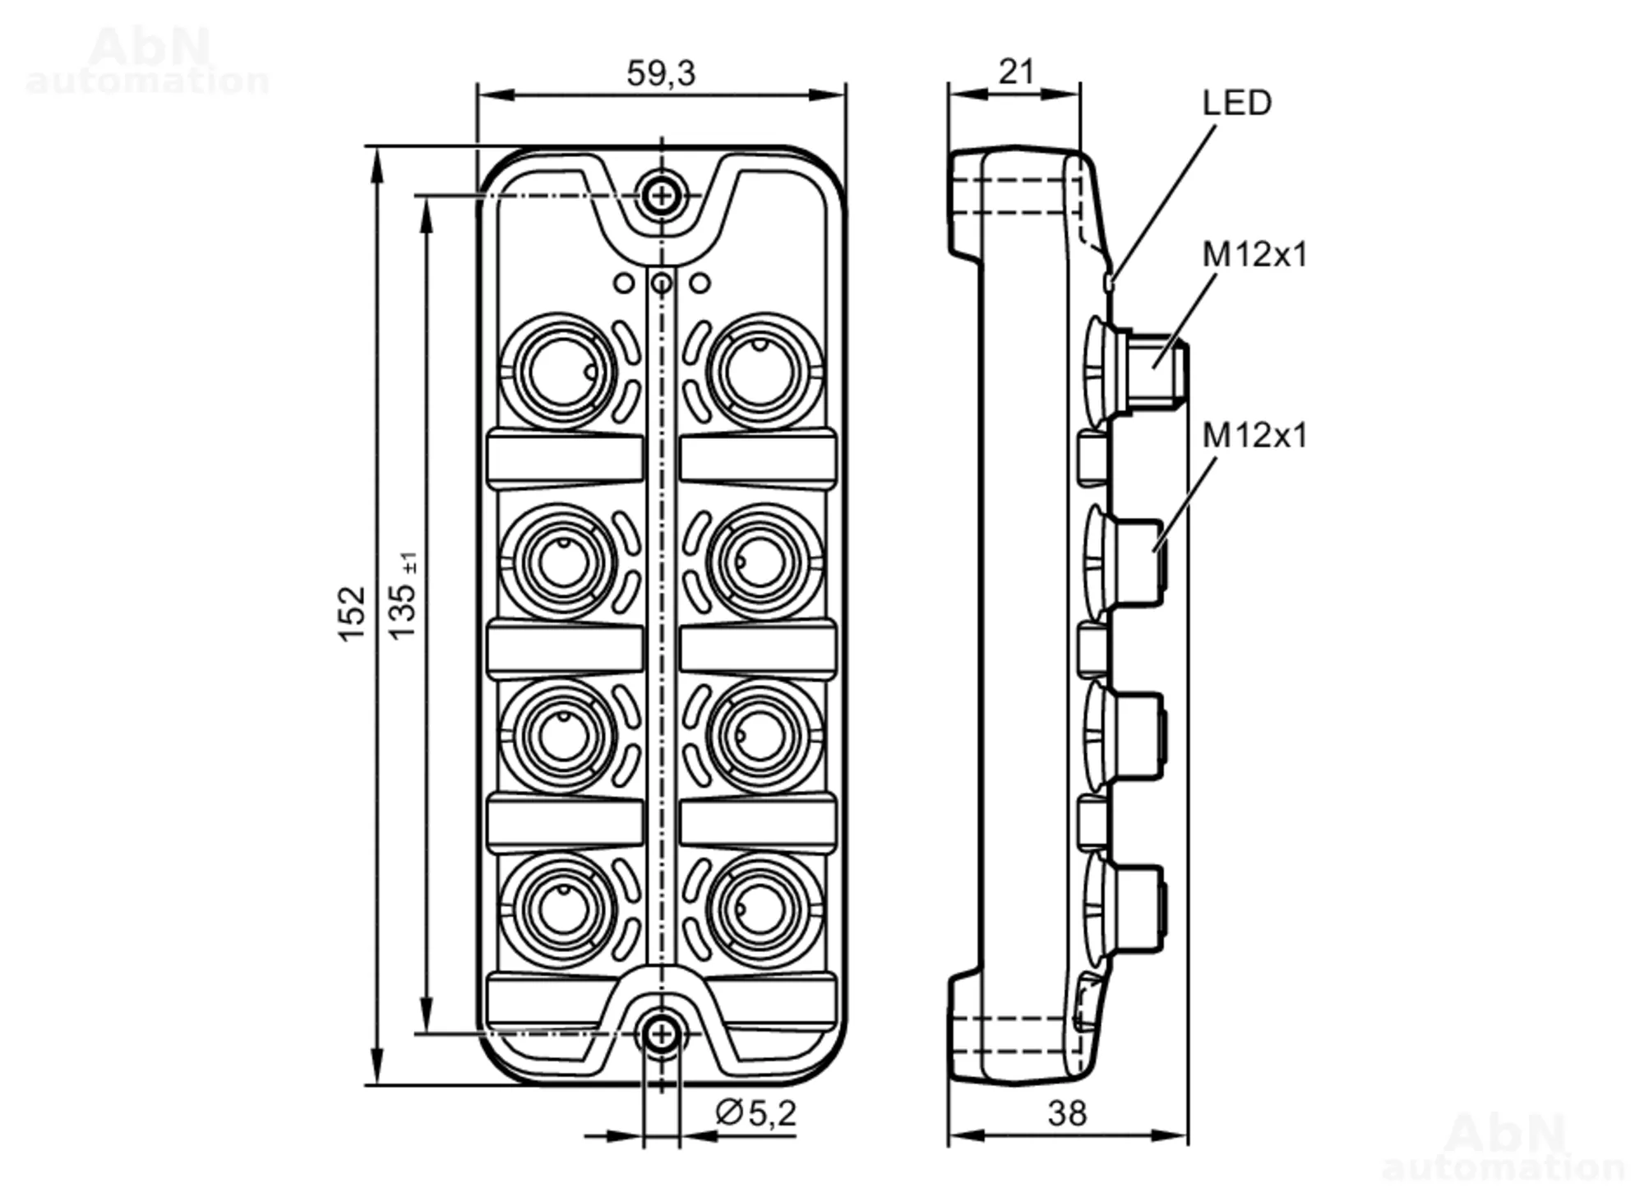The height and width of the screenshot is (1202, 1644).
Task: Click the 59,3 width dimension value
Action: [x=661, y=73]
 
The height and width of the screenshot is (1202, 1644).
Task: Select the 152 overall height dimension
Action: [x=352, y=614]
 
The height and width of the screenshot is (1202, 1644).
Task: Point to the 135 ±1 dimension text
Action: [x=404, y=596]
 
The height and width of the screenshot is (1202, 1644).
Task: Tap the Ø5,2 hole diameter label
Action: [x=756, y=1113]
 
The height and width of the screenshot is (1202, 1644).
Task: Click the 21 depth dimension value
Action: [x=1016, y=72]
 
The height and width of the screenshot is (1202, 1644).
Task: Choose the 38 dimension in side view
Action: [x=1067, y=1114]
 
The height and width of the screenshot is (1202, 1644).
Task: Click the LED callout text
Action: [x=1237, y=103]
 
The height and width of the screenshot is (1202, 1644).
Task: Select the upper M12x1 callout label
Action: [x=1254, y=255]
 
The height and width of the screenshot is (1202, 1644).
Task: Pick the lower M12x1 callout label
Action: [x=1254, y=435]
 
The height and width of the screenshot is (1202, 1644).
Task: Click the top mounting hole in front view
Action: [x=661, y=196]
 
